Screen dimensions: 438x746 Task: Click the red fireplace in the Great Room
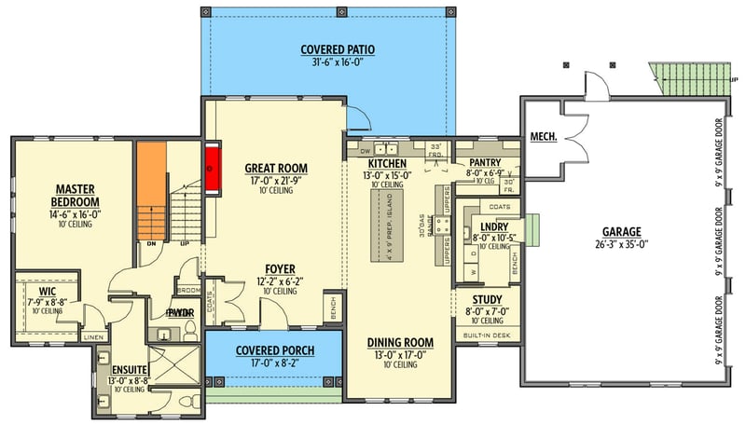(x=212, y=169)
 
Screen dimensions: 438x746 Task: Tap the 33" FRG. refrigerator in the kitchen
(x=435, y=150)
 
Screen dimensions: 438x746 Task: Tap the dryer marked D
(x=473, y=253)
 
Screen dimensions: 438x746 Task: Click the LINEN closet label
(x=93, y=336)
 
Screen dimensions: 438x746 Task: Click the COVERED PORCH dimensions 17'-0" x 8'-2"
(x=274, y=363)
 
